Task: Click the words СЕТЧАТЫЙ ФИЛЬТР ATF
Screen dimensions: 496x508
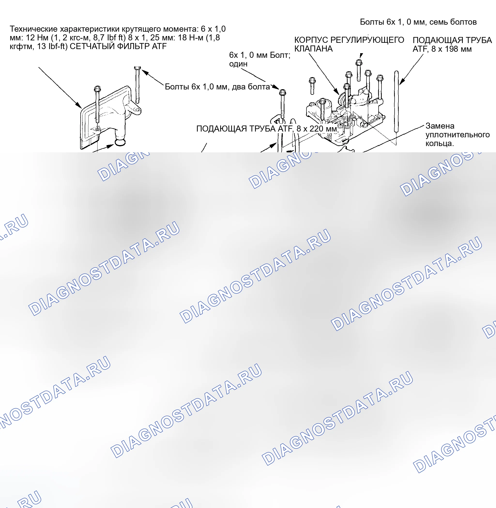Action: coord(118,46)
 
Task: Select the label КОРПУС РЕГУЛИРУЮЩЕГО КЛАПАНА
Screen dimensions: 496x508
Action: coord(349,44)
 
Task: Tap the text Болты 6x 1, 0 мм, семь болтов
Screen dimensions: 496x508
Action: coord(418,22)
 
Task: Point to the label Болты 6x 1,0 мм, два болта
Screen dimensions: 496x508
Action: coord(217,87)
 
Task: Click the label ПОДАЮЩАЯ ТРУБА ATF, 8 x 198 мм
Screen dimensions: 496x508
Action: coord(452,44)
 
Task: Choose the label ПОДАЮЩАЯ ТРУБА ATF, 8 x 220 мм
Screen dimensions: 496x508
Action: coord(266,129)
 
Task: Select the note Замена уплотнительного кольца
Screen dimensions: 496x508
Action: coord(458,134)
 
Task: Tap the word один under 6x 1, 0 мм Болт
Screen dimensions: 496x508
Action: coord(238,64)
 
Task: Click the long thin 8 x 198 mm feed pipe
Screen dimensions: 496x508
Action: coord(396,102)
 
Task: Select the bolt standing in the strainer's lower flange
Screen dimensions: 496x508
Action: coord(97,104)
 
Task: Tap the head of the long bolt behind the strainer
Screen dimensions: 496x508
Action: coord(137,68)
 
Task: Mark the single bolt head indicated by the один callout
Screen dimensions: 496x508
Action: coord(283,92)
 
